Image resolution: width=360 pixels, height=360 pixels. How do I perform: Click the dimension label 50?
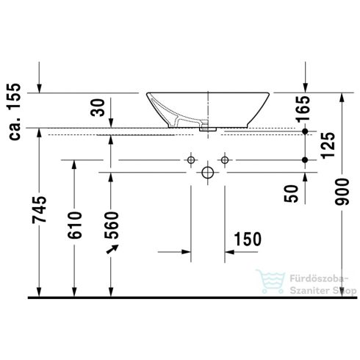click(293, 194)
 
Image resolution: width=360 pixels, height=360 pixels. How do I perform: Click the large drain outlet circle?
click(208, 173)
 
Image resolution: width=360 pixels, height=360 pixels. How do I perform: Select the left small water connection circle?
click(190, 159)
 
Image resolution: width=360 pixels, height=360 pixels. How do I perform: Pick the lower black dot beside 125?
click(305, 159)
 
